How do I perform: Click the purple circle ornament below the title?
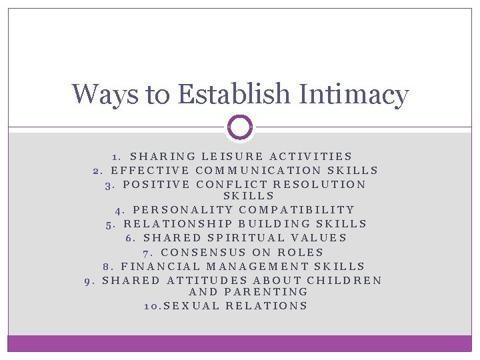(240, 127)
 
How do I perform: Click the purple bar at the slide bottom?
(240, 343)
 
